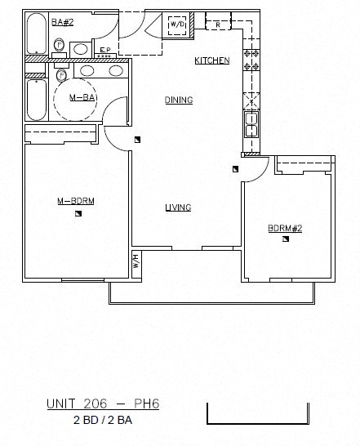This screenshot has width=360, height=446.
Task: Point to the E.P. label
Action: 104,51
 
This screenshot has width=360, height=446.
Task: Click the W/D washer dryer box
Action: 177,25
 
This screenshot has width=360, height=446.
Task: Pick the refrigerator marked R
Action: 218,25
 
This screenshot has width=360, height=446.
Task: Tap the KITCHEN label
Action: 211,61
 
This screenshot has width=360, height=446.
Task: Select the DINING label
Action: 178,100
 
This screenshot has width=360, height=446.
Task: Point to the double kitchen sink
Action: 251,125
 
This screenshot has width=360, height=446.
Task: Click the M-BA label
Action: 78,98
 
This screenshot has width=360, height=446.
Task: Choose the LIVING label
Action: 178,207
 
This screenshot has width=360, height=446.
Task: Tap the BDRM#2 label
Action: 285,228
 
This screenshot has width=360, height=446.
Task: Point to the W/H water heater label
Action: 136,261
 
